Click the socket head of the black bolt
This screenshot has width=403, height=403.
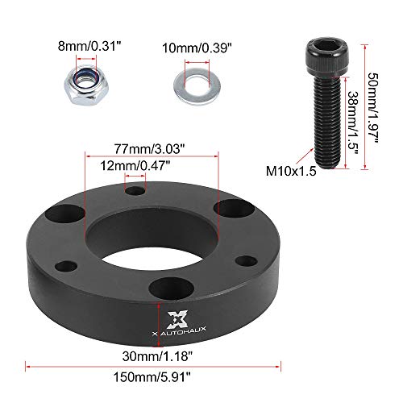coord(320,56)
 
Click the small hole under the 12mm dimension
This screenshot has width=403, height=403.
coord(135,191)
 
